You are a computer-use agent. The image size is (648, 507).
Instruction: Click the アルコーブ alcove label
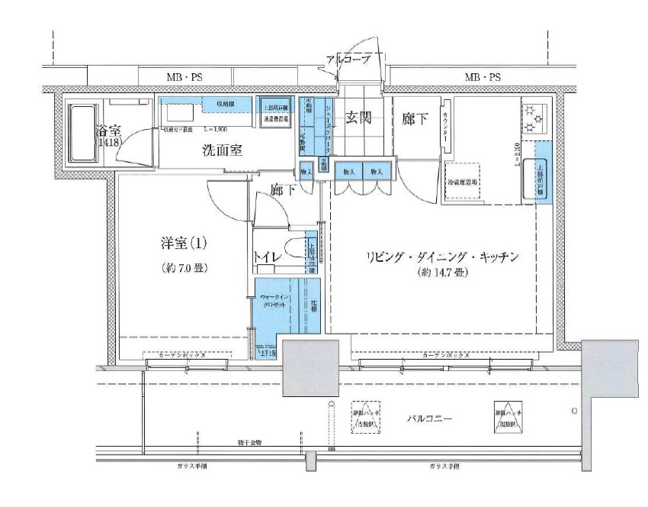(347, 59)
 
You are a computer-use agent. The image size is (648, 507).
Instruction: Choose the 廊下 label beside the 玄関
(415, 118)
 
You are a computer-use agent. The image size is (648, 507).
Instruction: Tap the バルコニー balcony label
(430, 419)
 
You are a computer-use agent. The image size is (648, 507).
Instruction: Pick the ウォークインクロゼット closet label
(274, 300)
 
